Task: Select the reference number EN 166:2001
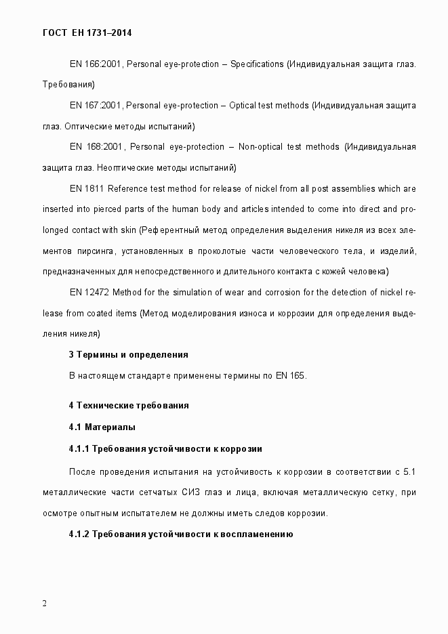[96, 64]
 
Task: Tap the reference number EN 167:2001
[96, 106]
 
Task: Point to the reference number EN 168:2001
[96, 147]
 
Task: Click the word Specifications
[257, 64]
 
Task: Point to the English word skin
[127, 230]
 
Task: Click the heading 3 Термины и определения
[128, 354]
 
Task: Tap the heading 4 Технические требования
[128, 406]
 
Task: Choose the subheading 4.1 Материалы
[102, 427]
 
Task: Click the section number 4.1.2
[79, 534]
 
